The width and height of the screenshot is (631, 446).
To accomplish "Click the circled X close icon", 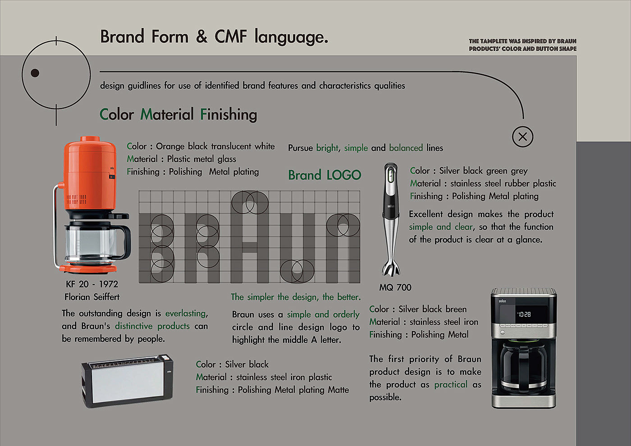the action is point(523,137).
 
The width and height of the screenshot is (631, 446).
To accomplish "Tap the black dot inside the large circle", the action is point(35,73).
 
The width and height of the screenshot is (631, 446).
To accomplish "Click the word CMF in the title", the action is point(231,36).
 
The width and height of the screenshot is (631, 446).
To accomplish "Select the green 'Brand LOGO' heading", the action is point(325,175).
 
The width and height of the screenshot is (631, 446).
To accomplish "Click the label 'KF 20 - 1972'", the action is point(92,284).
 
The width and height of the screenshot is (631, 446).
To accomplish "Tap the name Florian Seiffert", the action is point(92,297).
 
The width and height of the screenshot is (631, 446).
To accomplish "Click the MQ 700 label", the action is point(395,287).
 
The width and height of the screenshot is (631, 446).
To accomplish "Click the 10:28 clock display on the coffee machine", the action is point(524,314).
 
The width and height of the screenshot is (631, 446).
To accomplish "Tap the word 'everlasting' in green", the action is point(186,313).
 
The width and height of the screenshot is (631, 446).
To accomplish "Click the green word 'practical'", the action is point(451,384).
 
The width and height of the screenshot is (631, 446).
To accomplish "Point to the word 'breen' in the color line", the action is point(456,309).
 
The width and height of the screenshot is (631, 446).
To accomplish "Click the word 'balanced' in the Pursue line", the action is point(406,148).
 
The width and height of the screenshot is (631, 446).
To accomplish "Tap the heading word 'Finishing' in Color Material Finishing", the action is point(229,114).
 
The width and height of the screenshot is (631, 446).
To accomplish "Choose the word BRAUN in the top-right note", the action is point(567,41).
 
